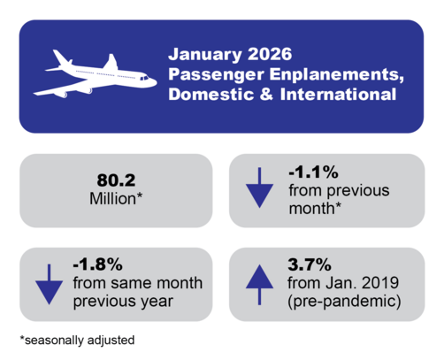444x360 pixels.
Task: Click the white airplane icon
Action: (95, 76)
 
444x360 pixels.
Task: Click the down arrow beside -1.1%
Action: (259, 189)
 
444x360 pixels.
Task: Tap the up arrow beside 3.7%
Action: (259, 282)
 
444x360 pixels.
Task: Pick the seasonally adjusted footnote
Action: (79, 340)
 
